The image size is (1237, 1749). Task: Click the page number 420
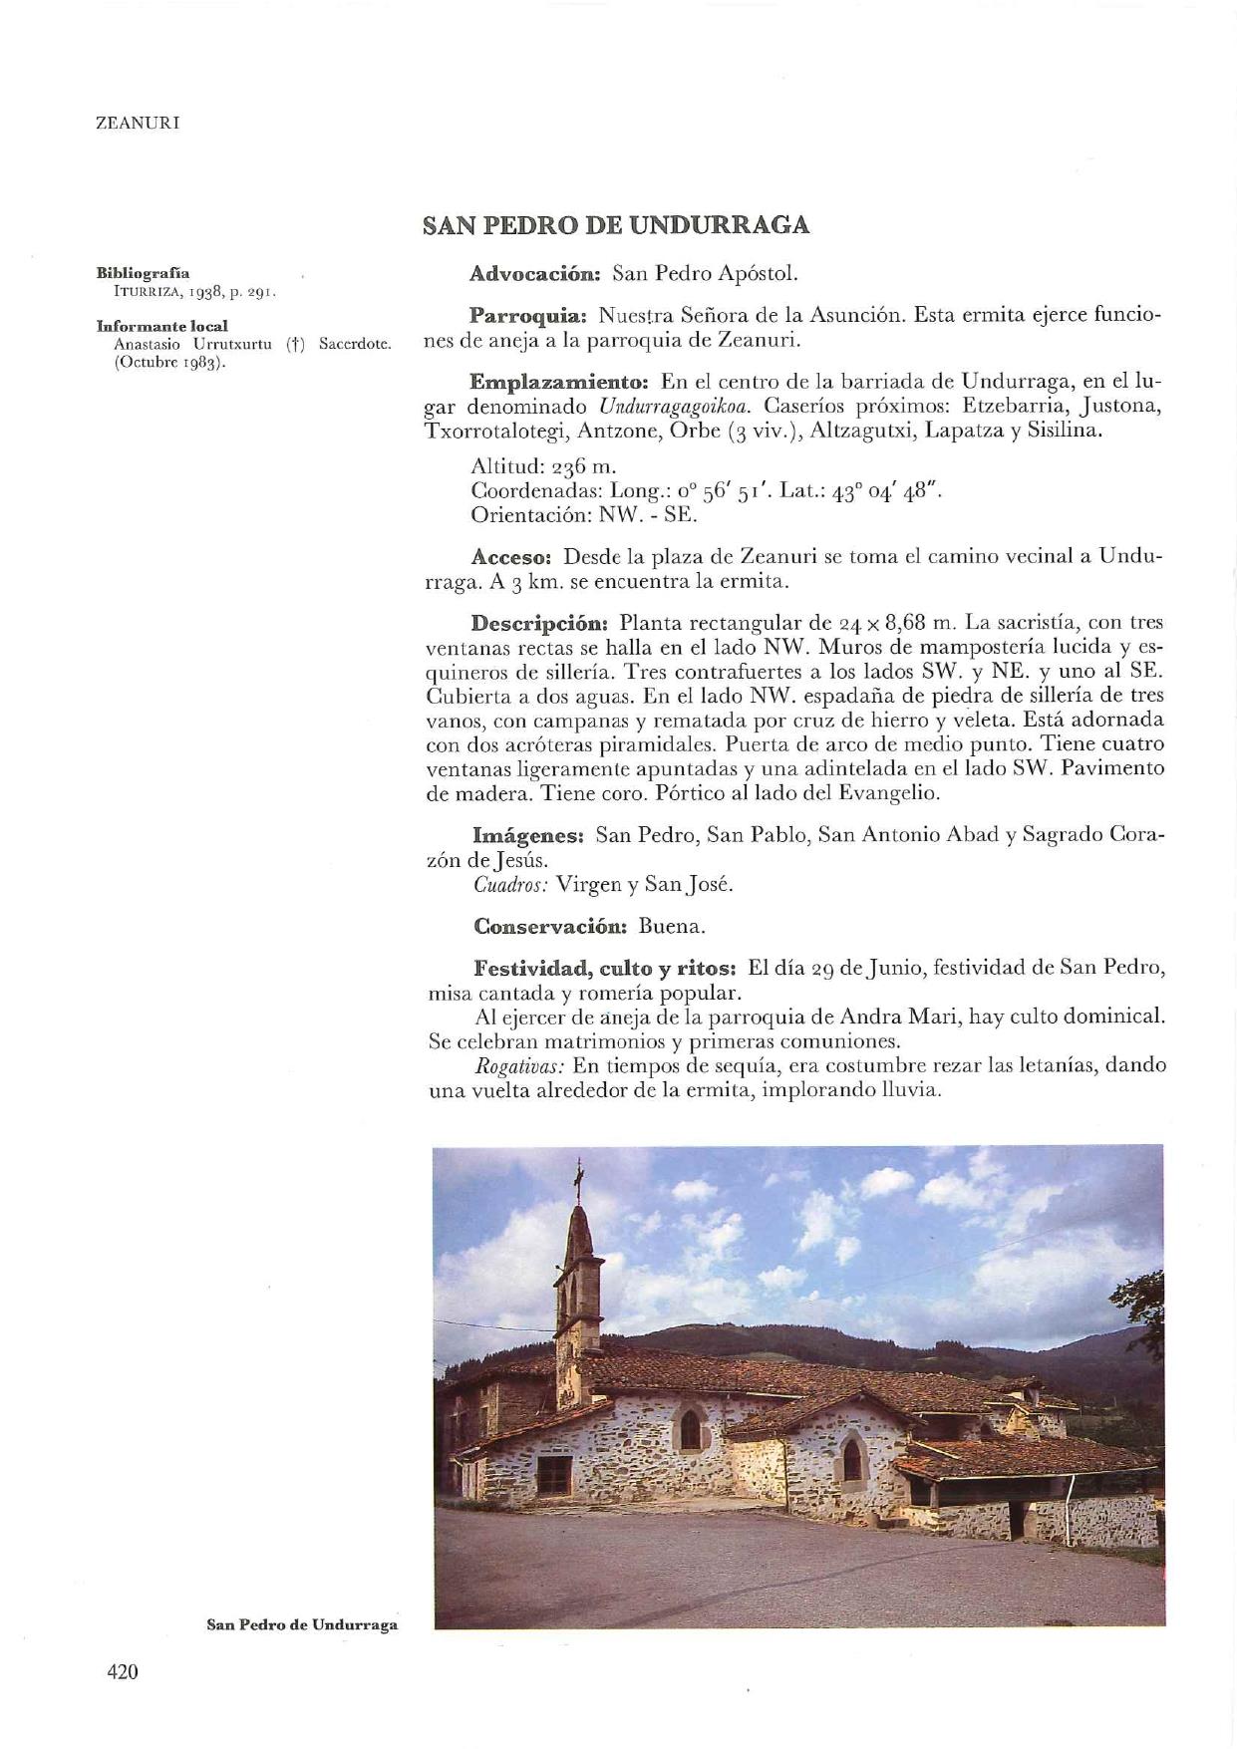[123, 1672]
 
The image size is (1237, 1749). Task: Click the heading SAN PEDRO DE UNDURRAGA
[615, 225]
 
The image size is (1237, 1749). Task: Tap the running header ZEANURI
[138, 124]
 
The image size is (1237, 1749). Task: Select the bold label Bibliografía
[143, 272]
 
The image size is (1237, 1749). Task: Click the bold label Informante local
[161, 326]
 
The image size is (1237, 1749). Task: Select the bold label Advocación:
[534, 273]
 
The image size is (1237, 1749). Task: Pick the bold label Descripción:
[539, 624]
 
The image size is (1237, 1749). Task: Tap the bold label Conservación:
[549, 926]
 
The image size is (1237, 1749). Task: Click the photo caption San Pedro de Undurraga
[301, 1624]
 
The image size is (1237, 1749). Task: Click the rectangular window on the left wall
[554, 1470]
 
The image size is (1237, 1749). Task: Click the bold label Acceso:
[512, 556]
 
